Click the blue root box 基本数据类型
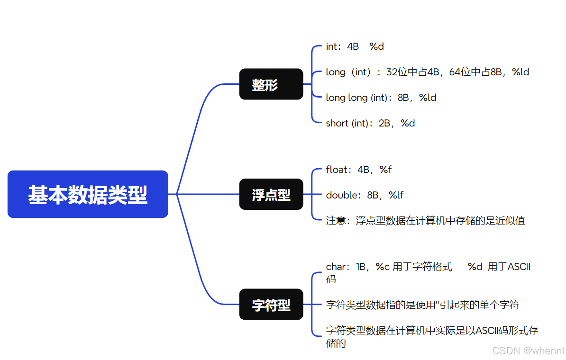88,194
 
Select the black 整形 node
271,84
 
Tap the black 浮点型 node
271,194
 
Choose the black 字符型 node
271,305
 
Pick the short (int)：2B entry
370,123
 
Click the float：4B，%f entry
358,170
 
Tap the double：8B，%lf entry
365,195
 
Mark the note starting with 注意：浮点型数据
425,221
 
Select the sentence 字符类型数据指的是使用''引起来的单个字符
422,305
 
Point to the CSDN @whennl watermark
528,351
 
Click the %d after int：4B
376,46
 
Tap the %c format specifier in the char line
383,267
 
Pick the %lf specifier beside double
396,195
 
